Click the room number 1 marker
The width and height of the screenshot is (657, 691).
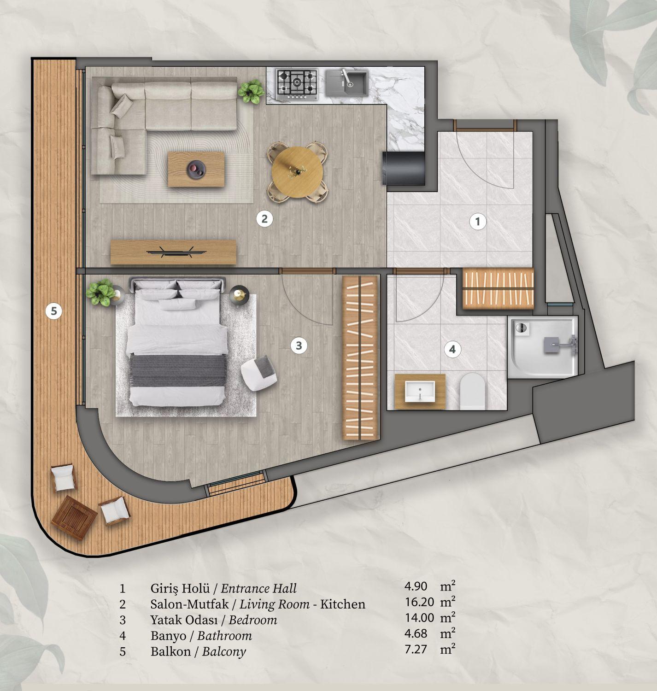point(478,222)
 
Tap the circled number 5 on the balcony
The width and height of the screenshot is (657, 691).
point(54,311)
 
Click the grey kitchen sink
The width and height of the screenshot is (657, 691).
point(346,83)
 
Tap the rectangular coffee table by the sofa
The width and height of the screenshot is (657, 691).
point(197,169)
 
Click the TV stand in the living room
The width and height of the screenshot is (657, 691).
point(174,252)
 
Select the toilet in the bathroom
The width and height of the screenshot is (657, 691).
point(473,392)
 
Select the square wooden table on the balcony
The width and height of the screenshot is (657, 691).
point(75,518)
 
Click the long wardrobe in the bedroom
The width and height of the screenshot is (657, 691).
point(360,357)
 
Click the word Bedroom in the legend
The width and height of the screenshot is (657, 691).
point(253,620)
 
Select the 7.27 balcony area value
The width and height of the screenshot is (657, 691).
point(416,650)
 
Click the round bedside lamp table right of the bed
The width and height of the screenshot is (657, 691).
point(240,294)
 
